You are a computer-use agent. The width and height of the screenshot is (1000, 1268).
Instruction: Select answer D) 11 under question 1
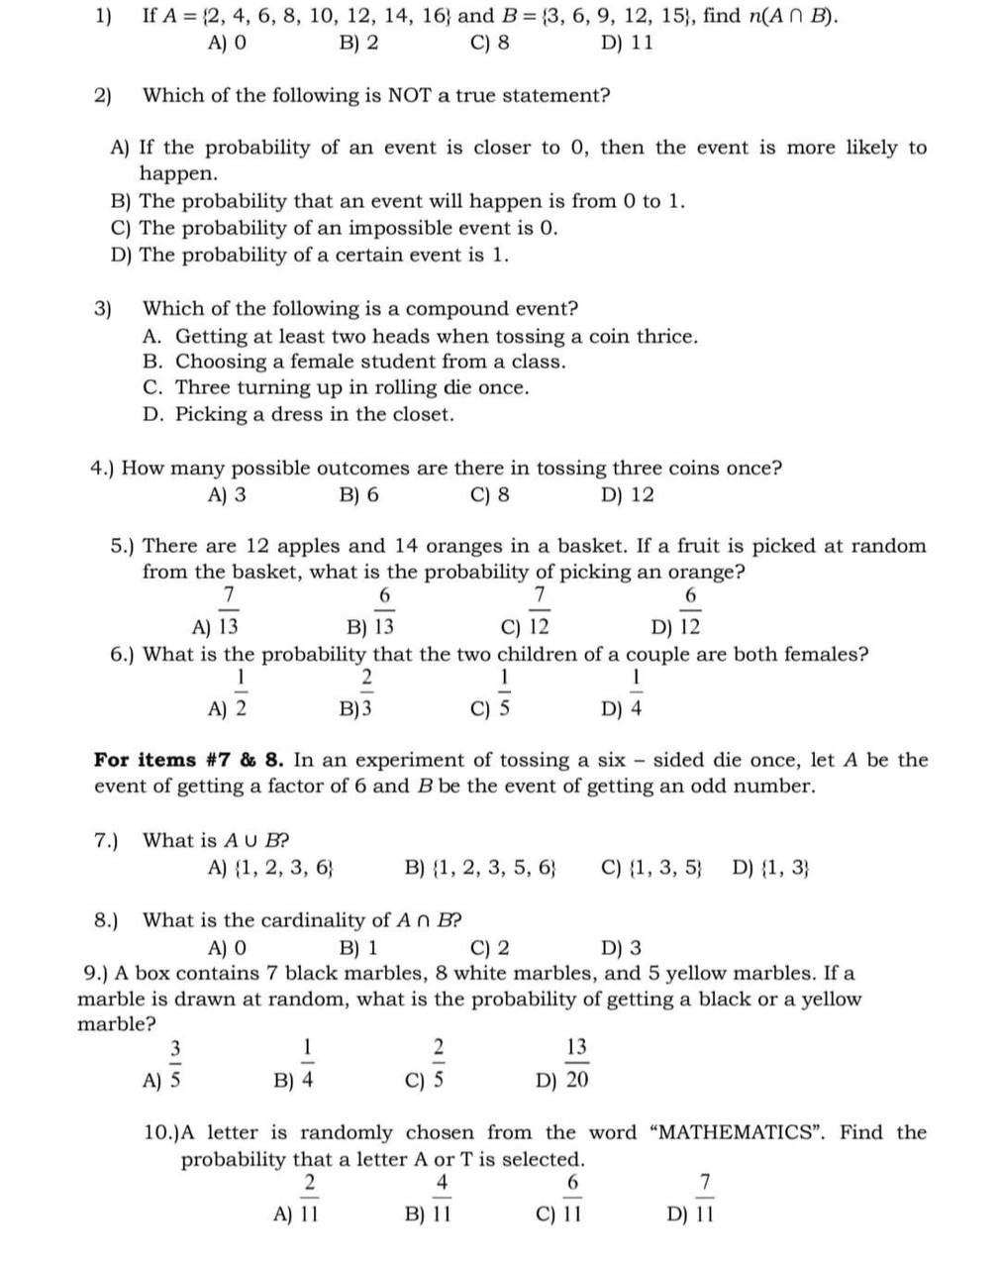[627, 44]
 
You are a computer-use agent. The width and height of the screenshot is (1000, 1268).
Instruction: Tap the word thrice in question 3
[666, 337]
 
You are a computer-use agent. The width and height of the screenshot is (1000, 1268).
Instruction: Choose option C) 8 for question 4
[491, 495]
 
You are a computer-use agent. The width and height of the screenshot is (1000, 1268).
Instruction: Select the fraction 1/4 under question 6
[636, 692]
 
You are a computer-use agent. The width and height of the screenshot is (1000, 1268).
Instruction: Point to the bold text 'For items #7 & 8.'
[189, 761]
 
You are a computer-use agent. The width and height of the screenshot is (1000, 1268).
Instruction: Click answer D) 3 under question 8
[622, 948]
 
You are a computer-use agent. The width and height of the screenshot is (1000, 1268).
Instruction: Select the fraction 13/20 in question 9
[576, 1063]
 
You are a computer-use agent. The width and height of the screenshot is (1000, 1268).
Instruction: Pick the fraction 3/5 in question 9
[175, 1063]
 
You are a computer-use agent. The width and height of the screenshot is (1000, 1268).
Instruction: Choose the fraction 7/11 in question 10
[704, 1198]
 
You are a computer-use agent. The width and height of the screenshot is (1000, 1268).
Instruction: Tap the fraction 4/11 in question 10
[442, 1198]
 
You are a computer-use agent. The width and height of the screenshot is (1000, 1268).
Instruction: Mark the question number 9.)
[97, 974]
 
